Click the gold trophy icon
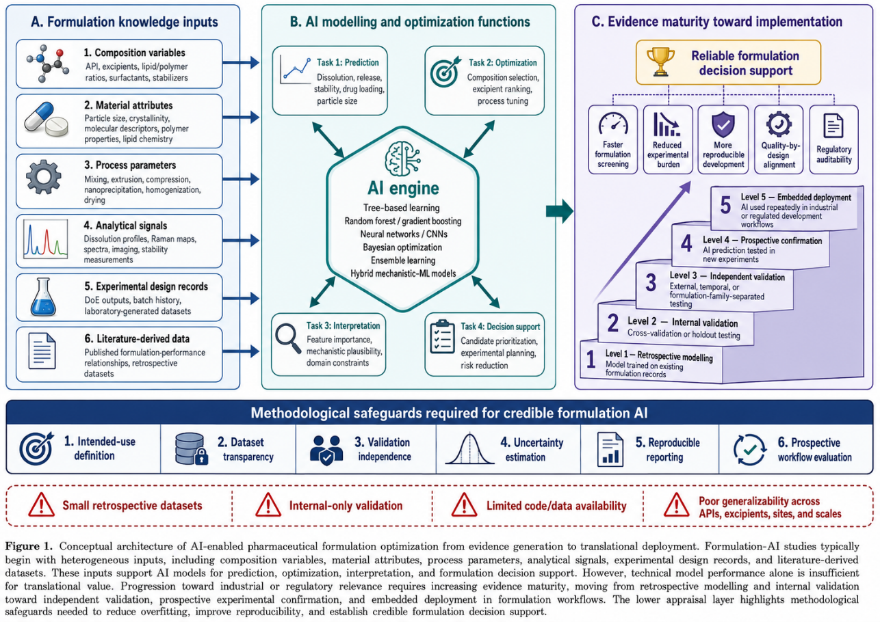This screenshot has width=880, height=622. [x=660, y=62]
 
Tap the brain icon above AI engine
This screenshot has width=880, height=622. [x=403, y=158]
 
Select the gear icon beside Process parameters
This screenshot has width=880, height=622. [x=44, y=177]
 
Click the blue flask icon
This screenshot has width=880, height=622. [x=43, y=297]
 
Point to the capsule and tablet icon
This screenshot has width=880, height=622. [x=46, y=120]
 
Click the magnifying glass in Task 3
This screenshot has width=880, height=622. [x=288, y=339]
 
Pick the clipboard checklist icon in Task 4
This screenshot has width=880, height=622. [x=442, y=337]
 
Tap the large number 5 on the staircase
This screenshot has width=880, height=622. [x=725, y=205]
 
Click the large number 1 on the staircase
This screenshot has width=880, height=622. [x=591, y=359]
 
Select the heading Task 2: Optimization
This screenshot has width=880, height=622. [x=502, y=63]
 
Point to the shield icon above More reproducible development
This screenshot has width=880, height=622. [x=723, y=124]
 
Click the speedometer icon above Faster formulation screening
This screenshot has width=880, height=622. [x=613, y=124]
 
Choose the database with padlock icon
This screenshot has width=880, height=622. [x=192, y=449]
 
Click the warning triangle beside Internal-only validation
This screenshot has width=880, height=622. [x=268, y=505]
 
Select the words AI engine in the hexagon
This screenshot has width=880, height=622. [x=403, y=189]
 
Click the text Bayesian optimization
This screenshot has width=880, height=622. [x=402, y=247]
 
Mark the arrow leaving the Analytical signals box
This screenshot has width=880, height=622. [x=241, y=240]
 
